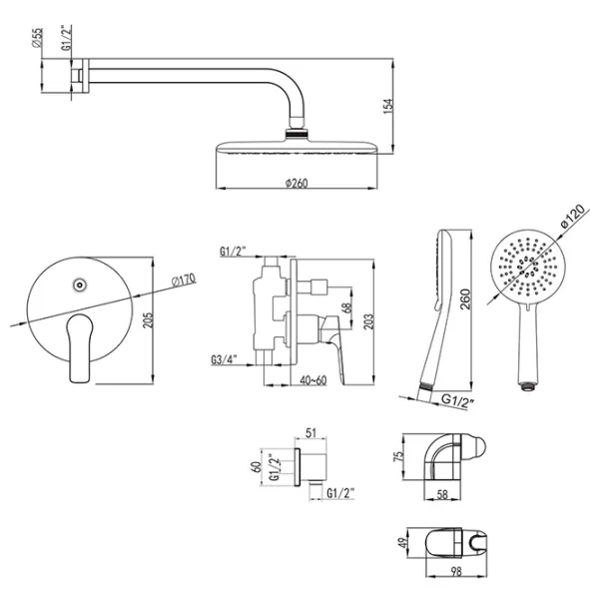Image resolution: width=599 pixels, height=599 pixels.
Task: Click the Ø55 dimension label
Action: click(x=38, y=38)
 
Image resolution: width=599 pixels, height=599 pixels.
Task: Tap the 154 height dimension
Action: click(x=387, y=106)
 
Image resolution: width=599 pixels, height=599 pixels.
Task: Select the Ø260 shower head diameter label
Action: click(x=297, y=183)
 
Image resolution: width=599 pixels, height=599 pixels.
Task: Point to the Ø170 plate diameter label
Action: click(x=184, y=280)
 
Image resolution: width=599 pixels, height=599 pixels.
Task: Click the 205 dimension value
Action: click(x=148, y=320)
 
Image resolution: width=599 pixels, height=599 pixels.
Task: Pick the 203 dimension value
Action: click(x=368, y=321)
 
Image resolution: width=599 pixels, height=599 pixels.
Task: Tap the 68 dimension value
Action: click(x=346, y=307)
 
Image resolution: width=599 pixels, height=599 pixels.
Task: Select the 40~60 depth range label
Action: click(x=313, y=380)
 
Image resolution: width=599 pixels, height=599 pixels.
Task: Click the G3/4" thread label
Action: click(x=224, y=359)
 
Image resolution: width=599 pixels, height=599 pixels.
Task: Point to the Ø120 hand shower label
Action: click(x=573, y=216)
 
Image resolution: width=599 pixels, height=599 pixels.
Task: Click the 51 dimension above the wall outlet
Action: click(x=311, y=433)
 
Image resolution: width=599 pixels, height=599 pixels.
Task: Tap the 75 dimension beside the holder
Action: click(x=398, y=456)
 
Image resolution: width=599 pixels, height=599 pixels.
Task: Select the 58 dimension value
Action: click(x=442, y=494)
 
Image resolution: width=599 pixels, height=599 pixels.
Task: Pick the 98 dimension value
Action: click(x=456, y=571)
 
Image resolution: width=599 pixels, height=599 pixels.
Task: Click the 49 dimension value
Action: click(x=402, y=543)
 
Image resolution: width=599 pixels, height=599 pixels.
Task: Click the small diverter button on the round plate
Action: click(x=80, y=285)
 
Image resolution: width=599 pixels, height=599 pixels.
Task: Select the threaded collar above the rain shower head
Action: click(x=297, y=134)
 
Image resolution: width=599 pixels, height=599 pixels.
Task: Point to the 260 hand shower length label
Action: click(x=465, y=299)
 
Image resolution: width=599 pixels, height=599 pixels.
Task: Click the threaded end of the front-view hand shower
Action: click(x=528, y=386)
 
